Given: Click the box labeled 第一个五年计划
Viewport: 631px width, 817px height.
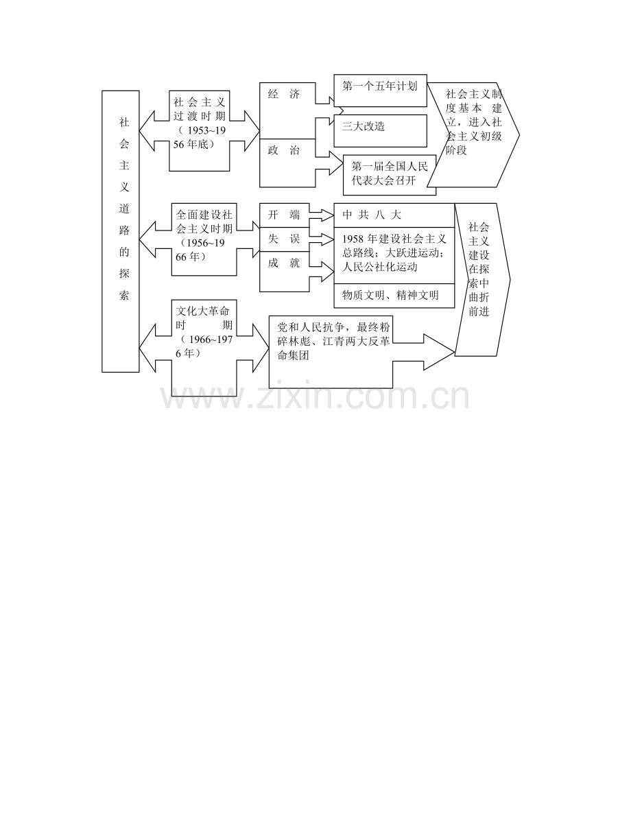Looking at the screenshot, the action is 381,91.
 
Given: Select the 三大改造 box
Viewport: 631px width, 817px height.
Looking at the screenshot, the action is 381,130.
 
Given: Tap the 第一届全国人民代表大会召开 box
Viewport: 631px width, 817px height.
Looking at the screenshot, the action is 389,174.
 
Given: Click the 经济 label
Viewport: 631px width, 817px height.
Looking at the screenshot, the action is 284,94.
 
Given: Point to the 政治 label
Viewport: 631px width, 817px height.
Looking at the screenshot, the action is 284,151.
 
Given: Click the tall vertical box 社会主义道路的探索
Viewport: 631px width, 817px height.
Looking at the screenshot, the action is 120,231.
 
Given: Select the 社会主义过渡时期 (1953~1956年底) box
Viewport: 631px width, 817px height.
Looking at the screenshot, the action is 199,131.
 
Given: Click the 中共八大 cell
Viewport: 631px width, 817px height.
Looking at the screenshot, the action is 394,215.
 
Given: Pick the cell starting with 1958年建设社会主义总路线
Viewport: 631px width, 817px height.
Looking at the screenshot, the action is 394,255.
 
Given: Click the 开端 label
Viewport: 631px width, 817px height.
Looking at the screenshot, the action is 284,215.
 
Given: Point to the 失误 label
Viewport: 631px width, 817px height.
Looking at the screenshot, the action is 284,239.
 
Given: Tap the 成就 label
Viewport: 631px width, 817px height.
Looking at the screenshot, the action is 284,263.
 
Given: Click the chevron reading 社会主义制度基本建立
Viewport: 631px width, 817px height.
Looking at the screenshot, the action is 473,134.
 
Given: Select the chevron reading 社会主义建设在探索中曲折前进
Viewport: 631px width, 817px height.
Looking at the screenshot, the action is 482,280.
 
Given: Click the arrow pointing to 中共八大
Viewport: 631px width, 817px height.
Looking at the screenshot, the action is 322,215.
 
